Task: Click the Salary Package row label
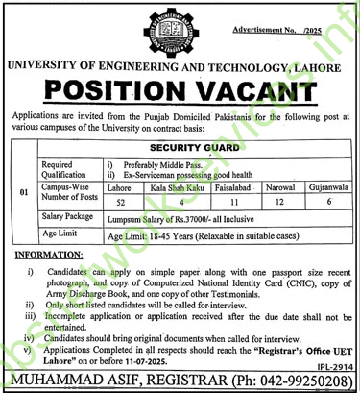(x=63, y=205)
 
